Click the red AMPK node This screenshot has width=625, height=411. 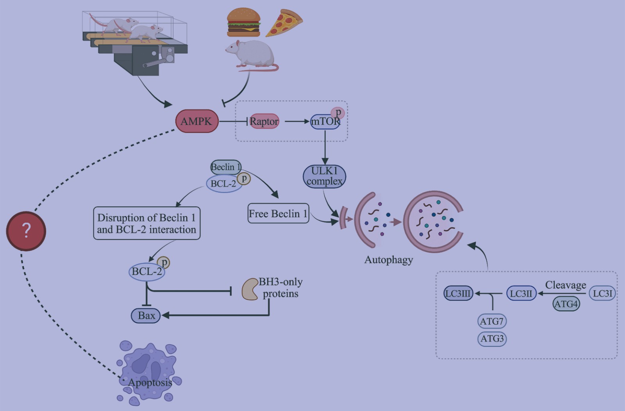(196, 121)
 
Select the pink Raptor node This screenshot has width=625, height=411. (264, 121)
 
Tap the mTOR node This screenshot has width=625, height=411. (325, 122)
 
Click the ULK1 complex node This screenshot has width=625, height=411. (324, 176)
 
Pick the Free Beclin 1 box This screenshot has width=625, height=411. (278, 213)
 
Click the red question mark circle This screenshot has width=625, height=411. (26, 231)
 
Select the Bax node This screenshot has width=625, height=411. (146, 315)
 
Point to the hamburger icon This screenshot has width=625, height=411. (244, 22)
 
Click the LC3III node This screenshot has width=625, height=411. (459, 293)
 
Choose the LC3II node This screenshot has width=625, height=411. (521, 293)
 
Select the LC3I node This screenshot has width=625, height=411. (602, 293)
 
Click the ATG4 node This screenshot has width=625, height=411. (566, 304)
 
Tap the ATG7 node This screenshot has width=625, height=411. (492, 321)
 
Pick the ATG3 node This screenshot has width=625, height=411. (492, 338)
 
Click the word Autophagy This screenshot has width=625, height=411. (389, 260)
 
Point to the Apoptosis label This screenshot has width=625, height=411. (150, 382)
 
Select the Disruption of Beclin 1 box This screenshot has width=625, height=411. (146, 223)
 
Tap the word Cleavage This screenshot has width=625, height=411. (566, 285)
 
